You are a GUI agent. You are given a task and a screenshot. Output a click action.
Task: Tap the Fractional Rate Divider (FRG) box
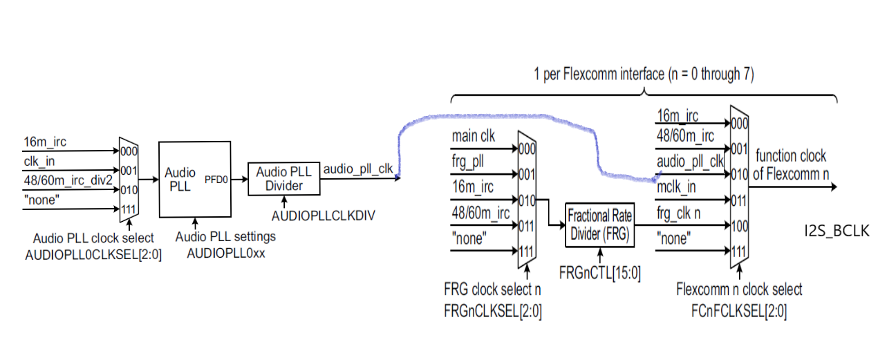599,225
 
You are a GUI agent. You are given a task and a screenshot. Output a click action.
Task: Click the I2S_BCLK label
836,231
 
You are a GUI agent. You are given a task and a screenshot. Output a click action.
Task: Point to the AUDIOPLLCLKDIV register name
323,216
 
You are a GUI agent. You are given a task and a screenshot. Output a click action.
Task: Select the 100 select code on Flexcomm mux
740,225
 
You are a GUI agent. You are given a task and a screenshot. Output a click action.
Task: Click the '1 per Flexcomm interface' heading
644,73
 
